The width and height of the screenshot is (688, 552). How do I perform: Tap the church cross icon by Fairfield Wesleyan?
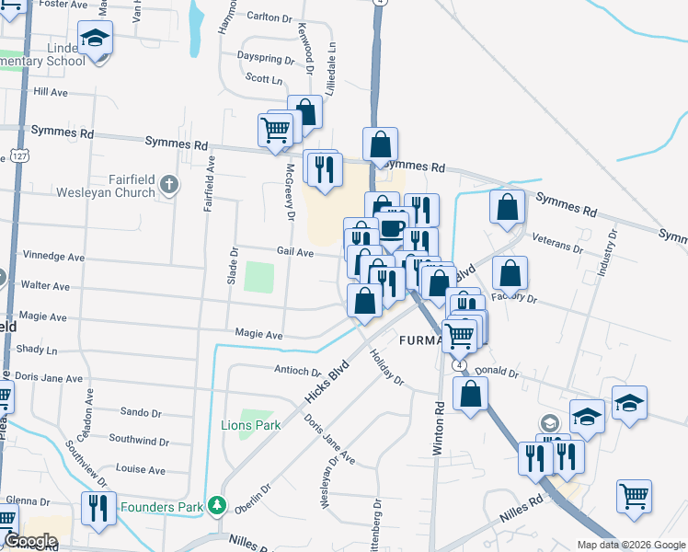tap(169, 185)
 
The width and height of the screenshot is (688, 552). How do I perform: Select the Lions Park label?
tap(250, 425)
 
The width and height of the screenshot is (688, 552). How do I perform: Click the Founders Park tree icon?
tap(216, 504)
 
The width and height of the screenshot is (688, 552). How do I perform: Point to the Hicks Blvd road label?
tap(327, 379)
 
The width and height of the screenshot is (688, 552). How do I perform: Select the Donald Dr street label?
tap(501, 374)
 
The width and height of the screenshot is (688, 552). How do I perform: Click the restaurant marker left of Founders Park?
tap(97, 508)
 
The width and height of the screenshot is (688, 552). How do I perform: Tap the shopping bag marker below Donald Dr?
tap(470, 394)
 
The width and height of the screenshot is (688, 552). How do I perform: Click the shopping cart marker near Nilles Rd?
tap(634, 497)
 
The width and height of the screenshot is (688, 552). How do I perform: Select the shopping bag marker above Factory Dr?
tap(510, 273)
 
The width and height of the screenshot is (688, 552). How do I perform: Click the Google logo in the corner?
tap(30, 541)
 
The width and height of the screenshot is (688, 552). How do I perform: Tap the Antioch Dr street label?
tap(296, 372)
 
